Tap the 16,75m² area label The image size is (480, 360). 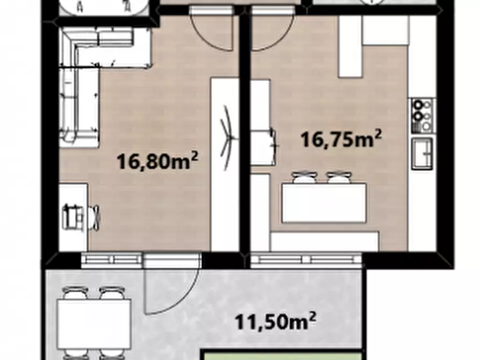(x=341, y=139)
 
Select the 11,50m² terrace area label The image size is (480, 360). (x=275, y=321)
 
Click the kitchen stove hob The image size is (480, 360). (x=422, y=116)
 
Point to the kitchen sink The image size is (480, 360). (x=422, y=153)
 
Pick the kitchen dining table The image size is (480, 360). (x=324, y=203)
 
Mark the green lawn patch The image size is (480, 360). (x=282, y=355)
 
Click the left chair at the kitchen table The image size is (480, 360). (x=304, y=177)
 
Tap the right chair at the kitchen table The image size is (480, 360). (x=339, y=177)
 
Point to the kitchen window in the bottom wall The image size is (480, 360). (x=306, y=260)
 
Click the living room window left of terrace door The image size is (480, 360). (x=112, y=260)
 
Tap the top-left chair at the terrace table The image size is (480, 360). (x=75, y=293)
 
